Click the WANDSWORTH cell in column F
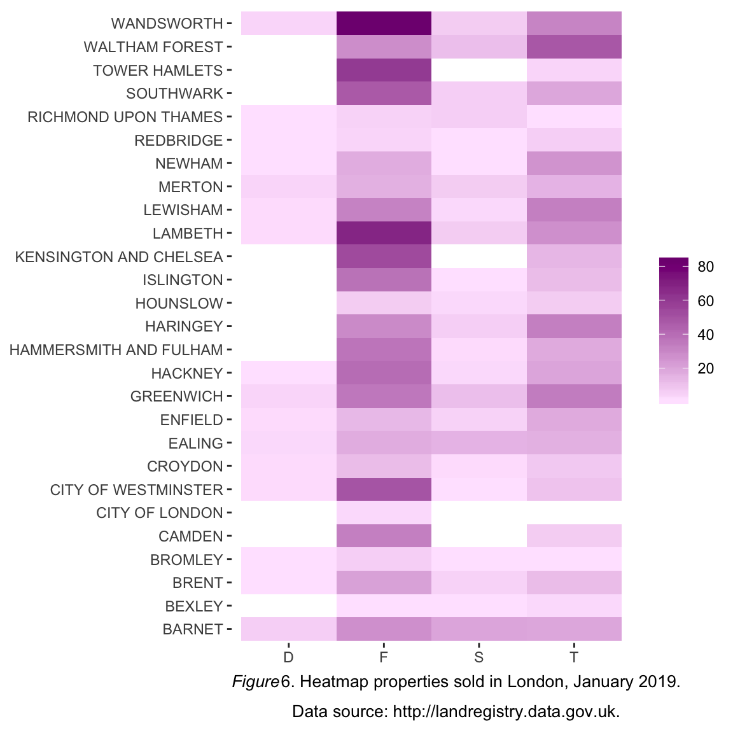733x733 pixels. (384, 24)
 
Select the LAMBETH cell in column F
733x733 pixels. (384, 234)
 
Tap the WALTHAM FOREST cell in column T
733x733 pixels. (574, 47)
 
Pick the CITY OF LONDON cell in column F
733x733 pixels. (384, 513)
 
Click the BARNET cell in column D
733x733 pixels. (288, 629)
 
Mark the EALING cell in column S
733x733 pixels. (479, 443)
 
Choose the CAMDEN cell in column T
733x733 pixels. (574, 536)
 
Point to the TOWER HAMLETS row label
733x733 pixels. (158, 71)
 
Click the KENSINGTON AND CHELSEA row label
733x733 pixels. (119, 257)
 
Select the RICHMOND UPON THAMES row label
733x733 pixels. (125, 117)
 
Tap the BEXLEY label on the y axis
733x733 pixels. (194, 606)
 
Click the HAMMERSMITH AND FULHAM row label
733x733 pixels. (116, 350)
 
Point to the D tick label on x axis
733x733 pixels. (288, 657)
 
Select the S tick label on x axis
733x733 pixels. (479, 657)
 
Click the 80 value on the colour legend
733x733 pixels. (706, 267)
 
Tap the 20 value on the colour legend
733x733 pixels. (706, 368)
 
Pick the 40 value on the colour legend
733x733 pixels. (706, 335)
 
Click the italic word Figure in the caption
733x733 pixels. (256, 682)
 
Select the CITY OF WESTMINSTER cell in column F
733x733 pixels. (384, 490)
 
